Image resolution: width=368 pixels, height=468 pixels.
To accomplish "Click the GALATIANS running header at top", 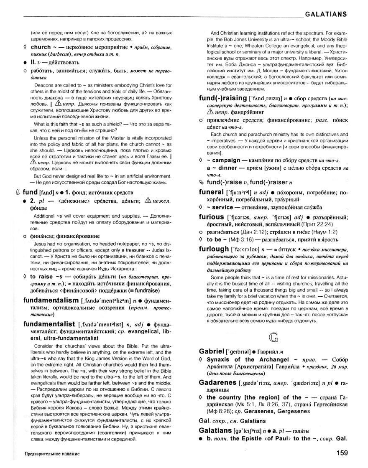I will (327, 14).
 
